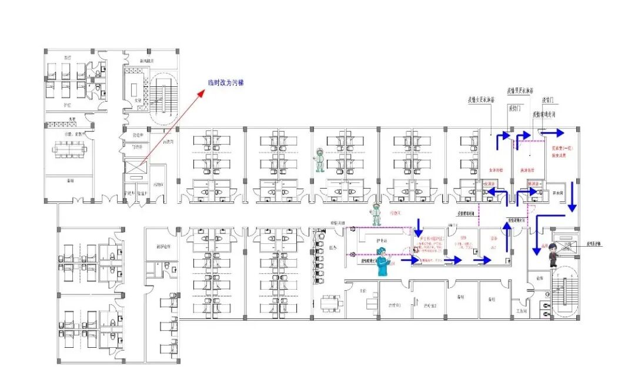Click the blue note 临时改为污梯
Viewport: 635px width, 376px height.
[x=226, y=83]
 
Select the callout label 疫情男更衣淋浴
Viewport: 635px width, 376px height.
[x=520, y=91]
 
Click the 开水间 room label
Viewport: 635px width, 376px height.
[x=558, y=193]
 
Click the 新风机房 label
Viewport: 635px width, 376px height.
[x=147, y=61]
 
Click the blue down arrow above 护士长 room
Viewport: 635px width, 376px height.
[x=419, y=224]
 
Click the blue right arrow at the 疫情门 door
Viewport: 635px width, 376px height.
[x=556, y=132]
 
